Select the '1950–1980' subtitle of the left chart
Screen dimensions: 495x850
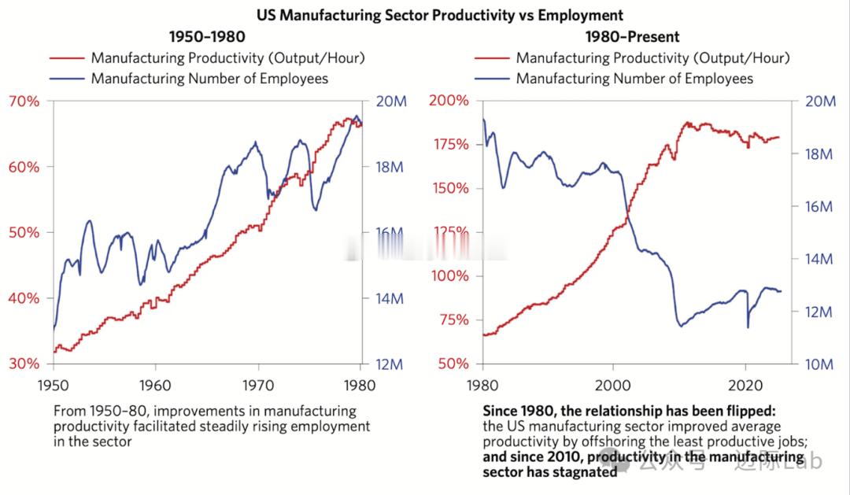[x=207, y=36]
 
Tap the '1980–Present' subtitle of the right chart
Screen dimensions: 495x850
[x=632, y=36]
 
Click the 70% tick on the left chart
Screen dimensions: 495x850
[x=24, y=101]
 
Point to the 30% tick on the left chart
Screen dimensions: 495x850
[x=24, y=364]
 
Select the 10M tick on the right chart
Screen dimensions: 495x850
[x=818, y=364]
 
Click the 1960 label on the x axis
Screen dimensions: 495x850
[x=155, y=387]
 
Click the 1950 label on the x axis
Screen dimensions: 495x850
[x=54, y=387]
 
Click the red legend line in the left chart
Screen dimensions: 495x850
[x=66, y=57]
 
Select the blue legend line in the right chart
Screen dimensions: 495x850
[x=491, y=78]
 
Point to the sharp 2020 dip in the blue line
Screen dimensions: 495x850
[x=748, y=326]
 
